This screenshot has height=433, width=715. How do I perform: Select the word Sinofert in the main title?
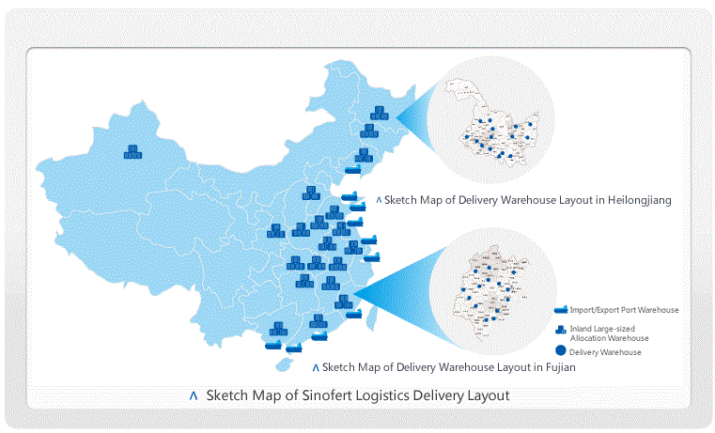[331, 395]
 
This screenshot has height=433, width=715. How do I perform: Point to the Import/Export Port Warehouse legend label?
[624, 309]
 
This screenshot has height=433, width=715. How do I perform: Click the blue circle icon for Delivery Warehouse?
[561, 351]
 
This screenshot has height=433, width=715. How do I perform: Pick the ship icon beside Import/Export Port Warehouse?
[561, 309]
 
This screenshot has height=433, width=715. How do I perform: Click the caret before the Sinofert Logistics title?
[194, 396]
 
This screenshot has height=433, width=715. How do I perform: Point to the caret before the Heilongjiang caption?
[379, 200]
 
